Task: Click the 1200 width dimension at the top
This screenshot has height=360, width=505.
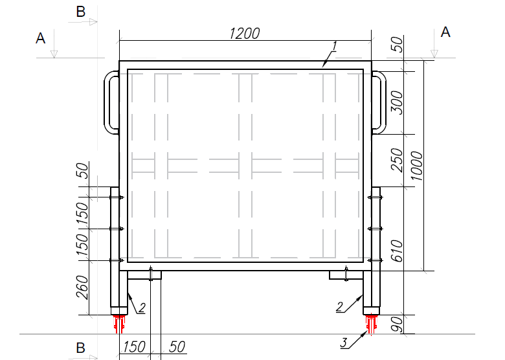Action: tap(245, 34)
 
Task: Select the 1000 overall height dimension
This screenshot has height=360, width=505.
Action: tap(416, 166)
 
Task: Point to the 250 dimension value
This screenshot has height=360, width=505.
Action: tap(396, 160)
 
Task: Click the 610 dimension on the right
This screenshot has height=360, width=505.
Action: tap(396, 251)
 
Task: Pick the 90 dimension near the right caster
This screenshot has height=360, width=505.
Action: tap(396, 324)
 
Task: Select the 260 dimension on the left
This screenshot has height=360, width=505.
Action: tap(82, 287)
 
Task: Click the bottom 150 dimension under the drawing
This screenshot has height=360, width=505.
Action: tap(134, 347)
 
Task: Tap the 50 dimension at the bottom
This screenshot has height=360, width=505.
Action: tap(177, 347)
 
